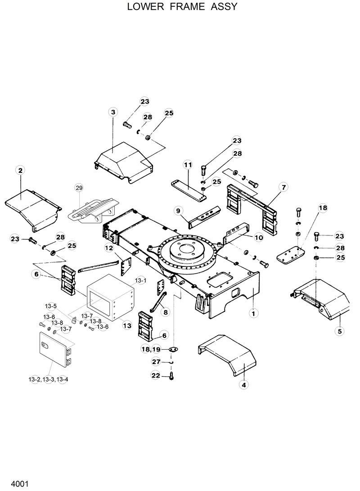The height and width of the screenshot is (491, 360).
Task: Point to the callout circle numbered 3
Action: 113,112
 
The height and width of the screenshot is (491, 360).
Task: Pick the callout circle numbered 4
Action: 244,385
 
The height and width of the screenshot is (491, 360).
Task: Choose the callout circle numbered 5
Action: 340,331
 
